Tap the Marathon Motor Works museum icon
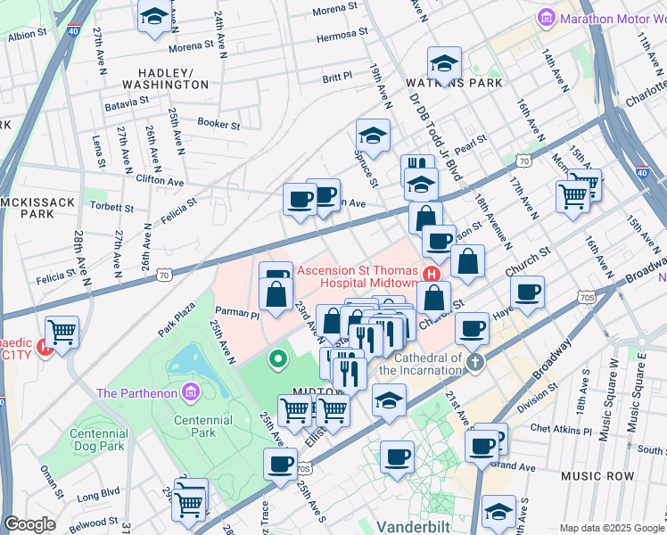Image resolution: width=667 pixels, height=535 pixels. [x=546, y=17]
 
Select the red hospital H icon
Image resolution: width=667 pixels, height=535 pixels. [x=432, y=272]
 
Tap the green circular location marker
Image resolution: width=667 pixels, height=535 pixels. [x=278, y=359]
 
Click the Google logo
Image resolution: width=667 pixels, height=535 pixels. [x=29, y=524]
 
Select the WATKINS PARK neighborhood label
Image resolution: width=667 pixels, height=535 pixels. [x=455, y=83]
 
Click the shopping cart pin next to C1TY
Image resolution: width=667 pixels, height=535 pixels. [x=62, y=333]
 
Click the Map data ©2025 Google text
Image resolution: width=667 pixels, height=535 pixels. [x=611, y=528]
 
